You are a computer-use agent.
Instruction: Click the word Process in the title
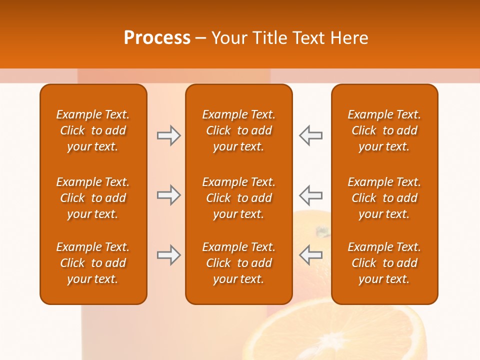point(157,38)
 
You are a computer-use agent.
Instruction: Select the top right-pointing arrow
point(168,135)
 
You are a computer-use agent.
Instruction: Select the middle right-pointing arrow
point(168,194)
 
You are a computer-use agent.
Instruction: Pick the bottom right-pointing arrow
point(168,255)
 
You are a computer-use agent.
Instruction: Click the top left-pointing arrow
point(311,135)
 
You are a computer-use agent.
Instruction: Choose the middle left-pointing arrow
point(311,194)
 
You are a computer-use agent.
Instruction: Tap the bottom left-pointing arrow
point(311,255)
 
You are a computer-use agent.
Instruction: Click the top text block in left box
point(93,130)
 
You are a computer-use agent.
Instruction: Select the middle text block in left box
point(93,198)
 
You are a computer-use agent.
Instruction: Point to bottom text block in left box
point(93,263)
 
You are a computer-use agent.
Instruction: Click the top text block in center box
point(239,130)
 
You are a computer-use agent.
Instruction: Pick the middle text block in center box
point(239,198)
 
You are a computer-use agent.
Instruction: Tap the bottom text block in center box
point(239,263)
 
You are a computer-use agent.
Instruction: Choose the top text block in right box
point(384,130)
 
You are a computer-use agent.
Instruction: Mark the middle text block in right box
point(384,198)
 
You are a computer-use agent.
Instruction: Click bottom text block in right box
point(384,263)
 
